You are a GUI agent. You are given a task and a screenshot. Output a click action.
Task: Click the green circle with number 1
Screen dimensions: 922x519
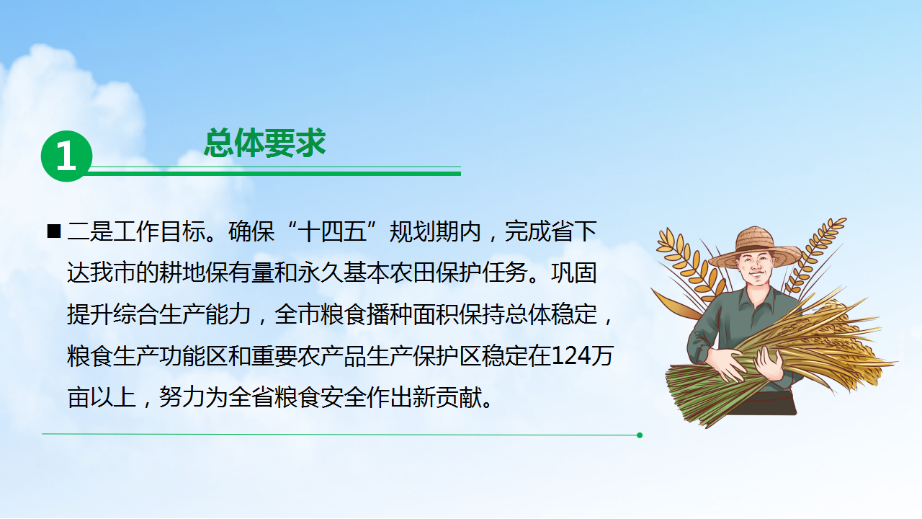(x=66, y=156)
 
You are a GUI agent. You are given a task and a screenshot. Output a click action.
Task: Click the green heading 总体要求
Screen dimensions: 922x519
(x=264, y=143)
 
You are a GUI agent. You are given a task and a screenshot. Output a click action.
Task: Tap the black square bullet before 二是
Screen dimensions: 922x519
(x=54, y=231)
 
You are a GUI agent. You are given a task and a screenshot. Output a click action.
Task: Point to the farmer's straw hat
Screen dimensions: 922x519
(x=755, y=248)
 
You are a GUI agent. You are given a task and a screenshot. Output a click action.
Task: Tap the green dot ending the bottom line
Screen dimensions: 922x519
(x=639, y=435)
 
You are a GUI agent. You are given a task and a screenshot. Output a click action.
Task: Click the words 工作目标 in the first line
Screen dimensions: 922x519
(x=159, y=231)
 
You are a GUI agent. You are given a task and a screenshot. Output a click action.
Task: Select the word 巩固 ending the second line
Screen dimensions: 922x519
(x=574, y=272)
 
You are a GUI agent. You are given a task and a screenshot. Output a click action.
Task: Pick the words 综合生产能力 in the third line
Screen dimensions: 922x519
(x=182, y=314)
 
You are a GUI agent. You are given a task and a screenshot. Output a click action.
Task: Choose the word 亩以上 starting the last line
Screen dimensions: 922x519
(x=102, y=397)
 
